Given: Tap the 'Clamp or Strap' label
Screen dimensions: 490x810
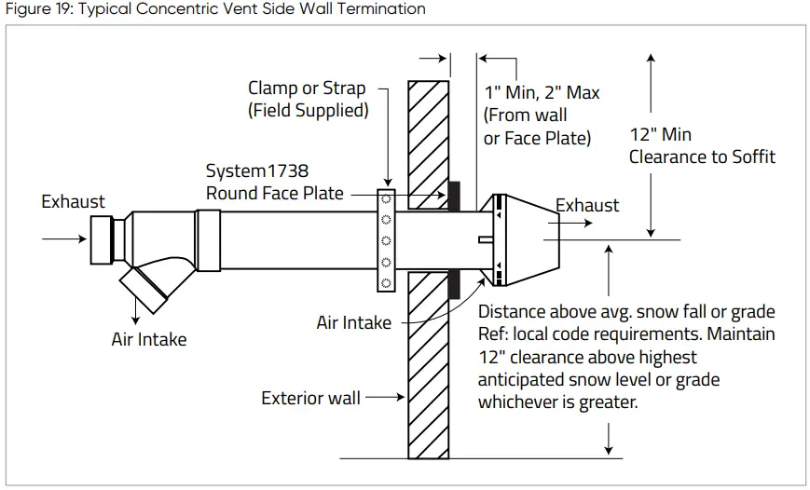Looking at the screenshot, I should point(307,88).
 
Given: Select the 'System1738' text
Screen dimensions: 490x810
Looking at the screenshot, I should point(257,171).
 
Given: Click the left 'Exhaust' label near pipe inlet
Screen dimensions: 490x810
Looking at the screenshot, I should point(74,201).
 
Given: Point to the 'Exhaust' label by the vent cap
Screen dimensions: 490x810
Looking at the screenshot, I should point(587,205).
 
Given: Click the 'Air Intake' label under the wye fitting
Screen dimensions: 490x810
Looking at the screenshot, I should point(149,339).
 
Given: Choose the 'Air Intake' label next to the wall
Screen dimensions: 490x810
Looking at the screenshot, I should point(354,322).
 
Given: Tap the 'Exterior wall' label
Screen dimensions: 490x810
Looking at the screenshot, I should point(310,399).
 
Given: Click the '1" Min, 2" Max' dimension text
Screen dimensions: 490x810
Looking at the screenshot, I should point(542,93).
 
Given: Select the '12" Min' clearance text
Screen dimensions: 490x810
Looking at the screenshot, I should point(660,135).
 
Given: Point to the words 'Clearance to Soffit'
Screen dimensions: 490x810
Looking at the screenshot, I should point(702,157).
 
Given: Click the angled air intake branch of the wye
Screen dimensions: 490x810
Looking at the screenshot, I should point(149,284).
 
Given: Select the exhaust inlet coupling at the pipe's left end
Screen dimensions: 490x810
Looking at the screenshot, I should point(104,238).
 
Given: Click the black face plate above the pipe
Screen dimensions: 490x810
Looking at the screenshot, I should point(454,195).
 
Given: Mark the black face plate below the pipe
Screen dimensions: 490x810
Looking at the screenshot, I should point(454,284).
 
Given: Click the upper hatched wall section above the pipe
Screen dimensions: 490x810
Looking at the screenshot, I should point(429,140).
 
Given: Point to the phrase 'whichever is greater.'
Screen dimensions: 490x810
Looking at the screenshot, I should point(557,402).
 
